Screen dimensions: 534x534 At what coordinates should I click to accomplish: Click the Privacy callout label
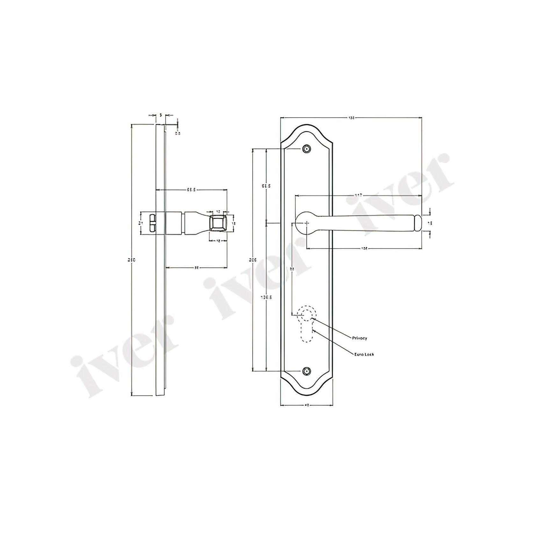click(359, 338)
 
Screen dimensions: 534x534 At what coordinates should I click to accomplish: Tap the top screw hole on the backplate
click(307, 149)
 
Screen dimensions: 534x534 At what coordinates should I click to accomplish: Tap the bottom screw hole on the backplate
click(307, 371)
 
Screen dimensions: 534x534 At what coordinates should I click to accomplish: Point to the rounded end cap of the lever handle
click(417, 223)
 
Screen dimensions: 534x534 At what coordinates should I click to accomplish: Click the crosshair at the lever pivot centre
click(307, 223)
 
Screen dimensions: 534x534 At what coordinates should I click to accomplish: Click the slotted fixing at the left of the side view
click(152, 223)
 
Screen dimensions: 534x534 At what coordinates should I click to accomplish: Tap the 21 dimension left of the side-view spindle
click(140, 223)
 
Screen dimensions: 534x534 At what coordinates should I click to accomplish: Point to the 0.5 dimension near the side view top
click(178, 133)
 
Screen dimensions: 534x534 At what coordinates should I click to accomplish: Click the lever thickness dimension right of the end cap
click(429, 223)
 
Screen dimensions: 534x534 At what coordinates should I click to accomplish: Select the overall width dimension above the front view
click(351, 118)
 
